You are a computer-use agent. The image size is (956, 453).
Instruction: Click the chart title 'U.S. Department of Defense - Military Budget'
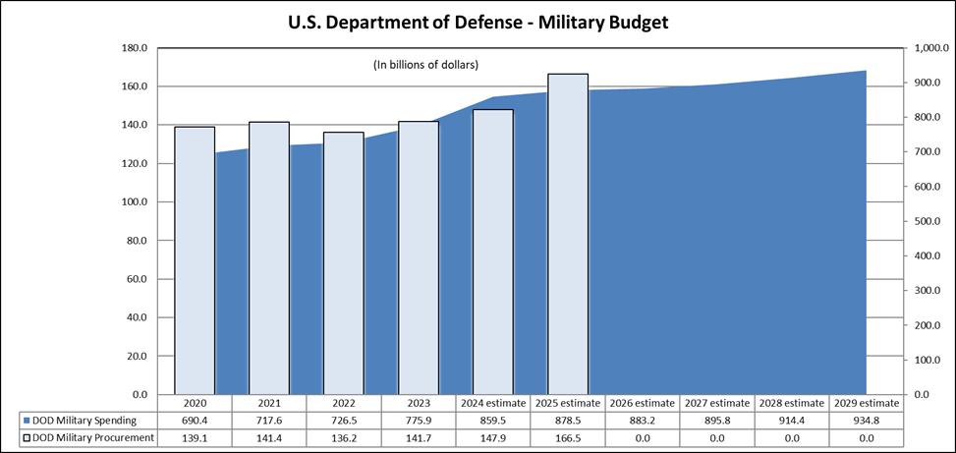(478, 21)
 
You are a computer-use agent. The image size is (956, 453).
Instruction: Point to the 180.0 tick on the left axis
(133, 48)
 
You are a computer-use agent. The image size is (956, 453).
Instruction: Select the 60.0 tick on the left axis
(133, 279)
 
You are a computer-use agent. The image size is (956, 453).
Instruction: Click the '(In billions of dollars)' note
(425, 65)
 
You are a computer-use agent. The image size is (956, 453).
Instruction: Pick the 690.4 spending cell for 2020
(195, 420)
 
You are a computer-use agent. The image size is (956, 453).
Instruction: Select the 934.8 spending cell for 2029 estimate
(866, 420)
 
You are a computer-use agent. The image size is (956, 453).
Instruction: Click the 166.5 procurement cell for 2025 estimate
(568, 437)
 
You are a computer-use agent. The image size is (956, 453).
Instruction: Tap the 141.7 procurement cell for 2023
(419, 437)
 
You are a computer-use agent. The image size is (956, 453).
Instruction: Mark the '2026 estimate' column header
(642, 403)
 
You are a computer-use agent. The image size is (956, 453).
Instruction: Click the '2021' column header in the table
(269, 403)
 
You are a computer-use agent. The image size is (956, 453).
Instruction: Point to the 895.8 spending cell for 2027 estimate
(716, 420)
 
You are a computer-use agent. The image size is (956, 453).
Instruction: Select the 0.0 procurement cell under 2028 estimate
(791, 437)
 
